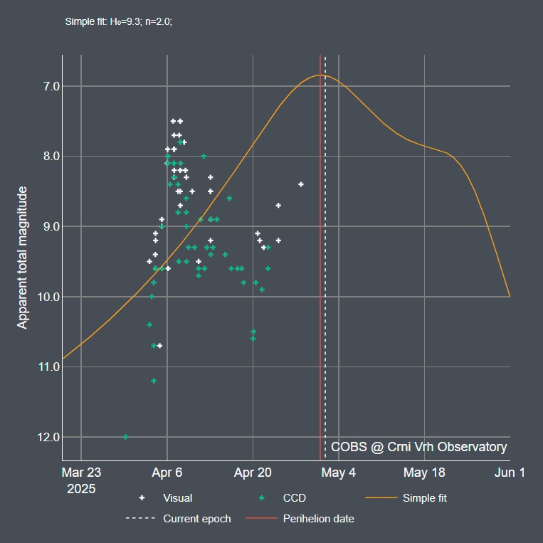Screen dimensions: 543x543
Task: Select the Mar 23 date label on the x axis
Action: click(81, 473)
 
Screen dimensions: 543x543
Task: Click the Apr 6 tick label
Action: click(167, 473)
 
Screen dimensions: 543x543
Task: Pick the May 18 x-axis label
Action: click(424, 473)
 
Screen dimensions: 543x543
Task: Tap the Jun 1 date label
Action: click(510, 473)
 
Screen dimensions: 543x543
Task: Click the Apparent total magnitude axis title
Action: click(23, 258)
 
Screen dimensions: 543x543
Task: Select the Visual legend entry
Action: click(177, 498)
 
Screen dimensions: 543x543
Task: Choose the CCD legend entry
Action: click(294, 498)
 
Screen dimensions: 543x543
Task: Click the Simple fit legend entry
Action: click(424, 498)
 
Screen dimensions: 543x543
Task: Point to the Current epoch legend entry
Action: click(196, 519)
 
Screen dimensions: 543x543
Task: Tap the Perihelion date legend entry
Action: click(318, 519)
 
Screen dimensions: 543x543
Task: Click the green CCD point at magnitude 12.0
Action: click(126, 436)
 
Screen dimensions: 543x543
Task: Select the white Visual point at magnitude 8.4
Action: click(301, 184)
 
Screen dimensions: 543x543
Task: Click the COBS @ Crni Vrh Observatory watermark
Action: click(418, 447)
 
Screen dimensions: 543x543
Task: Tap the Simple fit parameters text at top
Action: click(119, 21)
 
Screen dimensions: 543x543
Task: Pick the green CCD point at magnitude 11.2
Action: click(154, 381)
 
